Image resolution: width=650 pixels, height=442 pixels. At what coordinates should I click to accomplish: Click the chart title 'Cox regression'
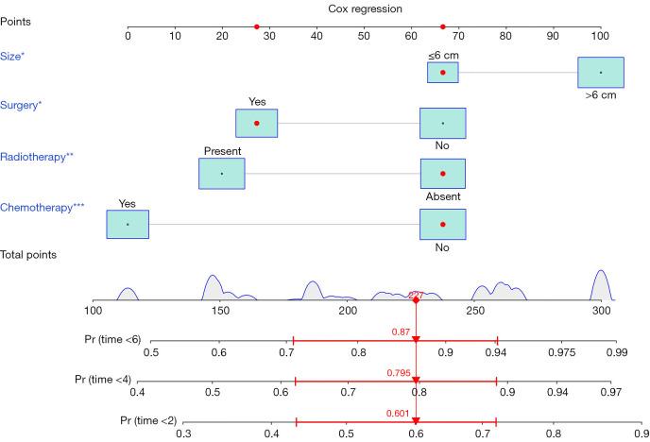click(364, 8)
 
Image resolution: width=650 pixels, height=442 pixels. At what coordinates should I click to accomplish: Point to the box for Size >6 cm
click(600, 72)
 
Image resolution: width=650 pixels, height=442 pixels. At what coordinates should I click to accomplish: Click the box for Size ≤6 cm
click(442, 72)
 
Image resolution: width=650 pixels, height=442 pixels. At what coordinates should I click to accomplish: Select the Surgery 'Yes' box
click(256, 123)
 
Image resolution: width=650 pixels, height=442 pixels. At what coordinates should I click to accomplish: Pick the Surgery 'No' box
click(442, 123)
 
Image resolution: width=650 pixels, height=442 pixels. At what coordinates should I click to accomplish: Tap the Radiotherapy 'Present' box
click(221, 174)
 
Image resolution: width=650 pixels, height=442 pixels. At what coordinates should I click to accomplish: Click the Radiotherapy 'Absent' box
click(442, 174)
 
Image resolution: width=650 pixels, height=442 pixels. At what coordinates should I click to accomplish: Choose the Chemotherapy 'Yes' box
click(127, 224)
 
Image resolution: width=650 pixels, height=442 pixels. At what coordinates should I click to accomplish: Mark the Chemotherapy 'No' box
click(442, 224)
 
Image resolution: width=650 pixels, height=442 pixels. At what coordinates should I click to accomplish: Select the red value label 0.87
click(400, 331)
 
